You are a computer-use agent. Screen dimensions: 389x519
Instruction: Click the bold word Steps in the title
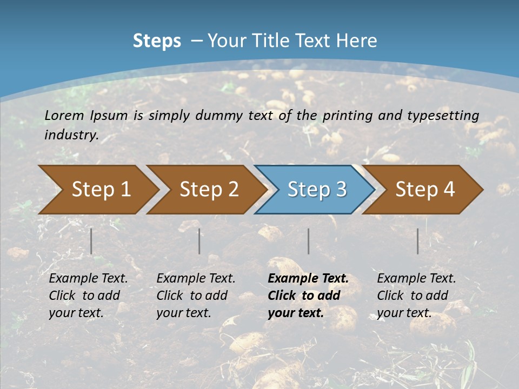[157, 41]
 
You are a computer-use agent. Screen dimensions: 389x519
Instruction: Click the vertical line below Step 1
[91, 241]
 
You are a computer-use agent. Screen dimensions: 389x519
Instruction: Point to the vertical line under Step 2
[199, 241]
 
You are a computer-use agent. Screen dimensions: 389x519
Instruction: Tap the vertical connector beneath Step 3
[308, 241]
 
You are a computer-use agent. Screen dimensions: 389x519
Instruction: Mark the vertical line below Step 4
[418, 241]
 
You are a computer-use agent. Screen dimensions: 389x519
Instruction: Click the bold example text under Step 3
[308, 296]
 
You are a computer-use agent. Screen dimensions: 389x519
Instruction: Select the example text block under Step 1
[88, 296]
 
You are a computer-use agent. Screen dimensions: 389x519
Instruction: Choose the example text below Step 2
[196, 296]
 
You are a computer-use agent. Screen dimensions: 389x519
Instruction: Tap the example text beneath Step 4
[416, 296]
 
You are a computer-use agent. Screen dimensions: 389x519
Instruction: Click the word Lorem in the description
[64, 116]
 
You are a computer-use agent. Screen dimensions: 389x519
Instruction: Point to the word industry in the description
[71, 135]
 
